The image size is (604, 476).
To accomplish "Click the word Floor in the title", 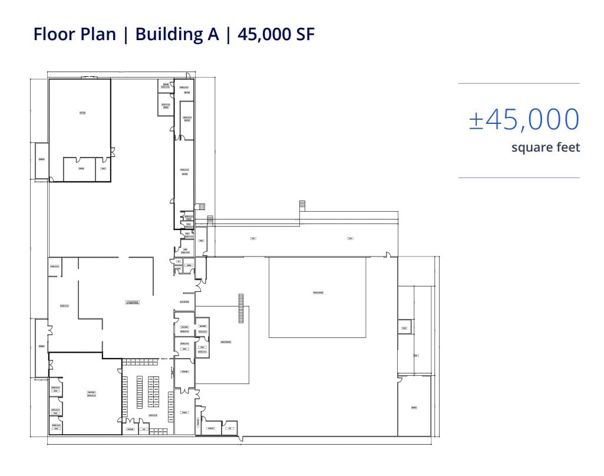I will pyautogui.click(x=55, y=34).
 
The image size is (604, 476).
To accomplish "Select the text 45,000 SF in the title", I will pyautogui.click(x=276, y=34).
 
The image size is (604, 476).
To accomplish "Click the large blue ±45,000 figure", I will pyautogui.click(x=524, y=119).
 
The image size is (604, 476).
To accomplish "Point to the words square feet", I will pyautogui.click(x=546, y=147).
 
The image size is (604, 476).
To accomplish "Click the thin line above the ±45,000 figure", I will pyautogui.click(x=519, y=84).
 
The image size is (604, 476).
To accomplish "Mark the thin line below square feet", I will pyautogui.click(x=519, y=178).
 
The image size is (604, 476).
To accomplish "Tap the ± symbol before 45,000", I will pyautogui.click(x=476, y=120).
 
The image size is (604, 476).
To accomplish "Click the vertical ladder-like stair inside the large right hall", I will pyautogui.click(x=240, y=308).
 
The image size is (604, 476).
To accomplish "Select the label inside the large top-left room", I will pyautogui.click(x=82, y=113).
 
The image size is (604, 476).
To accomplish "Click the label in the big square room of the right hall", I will pyautogui.click(x=318, y=293).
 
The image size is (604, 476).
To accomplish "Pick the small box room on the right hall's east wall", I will pyautogui.click(x=404, y=326).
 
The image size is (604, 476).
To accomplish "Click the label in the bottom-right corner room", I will pyautogui.click(x=414, y=407).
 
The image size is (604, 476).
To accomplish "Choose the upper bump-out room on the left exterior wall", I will pyautogui.click(x=41, y=160).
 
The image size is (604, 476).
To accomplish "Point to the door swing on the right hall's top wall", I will pyautogui.click(x=388, y=255).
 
